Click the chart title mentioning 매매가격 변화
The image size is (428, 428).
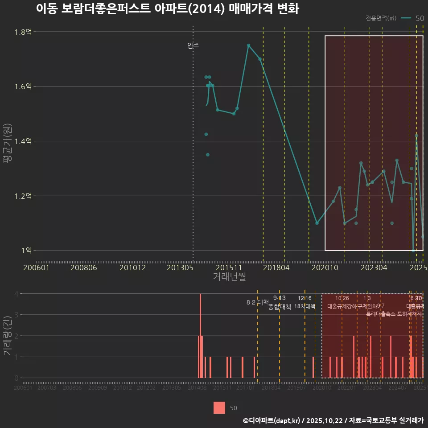tap(167, 9)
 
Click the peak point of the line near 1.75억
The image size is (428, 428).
tap(248, 45)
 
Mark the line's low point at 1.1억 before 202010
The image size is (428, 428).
tap(317, 223)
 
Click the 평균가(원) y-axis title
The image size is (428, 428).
tap(7, 141)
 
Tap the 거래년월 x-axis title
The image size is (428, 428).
tap(229, 277)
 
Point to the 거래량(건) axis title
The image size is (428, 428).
tap(7, 336)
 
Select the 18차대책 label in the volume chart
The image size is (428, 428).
tap(305, 306)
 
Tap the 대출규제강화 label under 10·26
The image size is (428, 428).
tap(342, 306)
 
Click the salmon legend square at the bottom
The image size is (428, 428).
tap(219, 407)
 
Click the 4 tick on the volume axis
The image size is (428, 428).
tap(16, 294)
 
